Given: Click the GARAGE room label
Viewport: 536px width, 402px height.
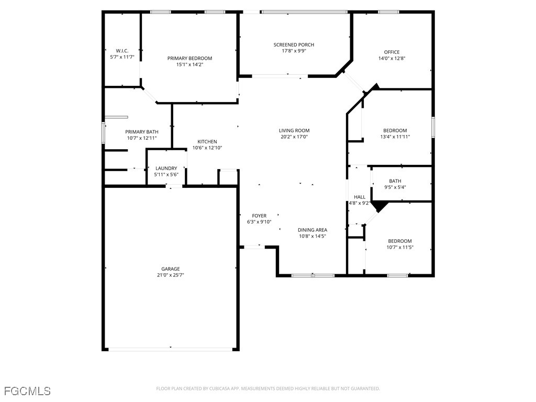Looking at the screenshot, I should point(170,269).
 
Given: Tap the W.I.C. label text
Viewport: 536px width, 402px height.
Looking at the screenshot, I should point(122,51).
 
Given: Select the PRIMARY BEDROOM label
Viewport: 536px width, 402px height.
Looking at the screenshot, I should point(189,58).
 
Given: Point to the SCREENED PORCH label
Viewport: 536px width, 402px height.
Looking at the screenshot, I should point(294,44).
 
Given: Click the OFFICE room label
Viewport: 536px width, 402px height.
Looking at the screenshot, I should point(392,52).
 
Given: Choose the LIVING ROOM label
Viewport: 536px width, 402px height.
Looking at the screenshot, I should point(294,130).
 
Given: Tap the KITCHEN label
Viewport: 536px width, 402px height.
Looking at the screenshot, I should point(207,141).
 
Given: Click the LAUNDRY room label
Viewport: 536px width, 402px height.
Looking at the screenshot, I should point(166,168).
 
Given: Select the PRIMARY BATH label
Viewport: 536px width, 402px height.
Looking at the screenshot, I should point(141,132).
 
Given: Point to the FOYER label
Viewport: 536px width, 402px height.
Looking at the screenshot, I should point(259,215).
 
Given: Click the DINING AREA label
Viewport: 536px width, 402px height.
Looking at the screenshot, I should point(312,230).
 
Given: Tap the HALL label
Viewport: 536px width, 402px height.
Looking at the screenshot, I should point(360,197).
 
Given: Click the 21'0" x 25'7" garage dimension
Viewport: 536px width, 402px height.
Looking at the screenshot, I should point(170,275).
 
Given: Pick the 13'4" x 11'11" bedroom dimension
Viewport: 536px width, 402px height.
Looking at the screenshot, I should point(395,137).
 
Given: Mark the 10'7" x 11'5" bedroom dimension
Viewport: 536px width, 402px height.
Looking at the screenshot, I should point(400,247).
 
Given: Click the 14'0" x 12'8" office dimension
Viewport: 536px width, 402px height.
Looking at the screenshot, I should point(392,58).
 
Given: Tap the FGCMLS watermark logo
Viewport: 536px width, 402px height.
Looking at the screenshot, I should point(27,391).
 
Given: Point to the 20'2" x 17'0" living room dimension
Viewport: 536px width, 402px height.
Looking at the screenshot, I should point(294,137).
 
